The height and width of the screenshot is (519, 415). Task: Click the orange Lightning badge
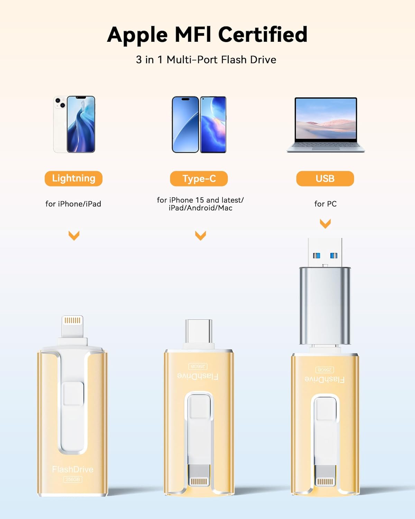coord(73,179)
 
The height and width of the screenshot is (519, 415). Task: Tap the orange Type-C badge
coord(199,179)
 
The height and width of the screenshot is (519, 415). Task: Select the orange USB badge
coord(325,179)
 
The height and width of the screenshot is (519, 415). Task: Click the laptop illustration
coord(325,125)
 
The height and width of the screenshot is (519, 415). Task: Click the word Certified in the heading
coord(262,35)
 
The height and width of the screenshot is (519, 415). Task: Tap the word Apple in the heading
coord(137,35)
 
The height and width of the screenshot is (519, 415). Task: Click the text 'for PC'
coord(325,204)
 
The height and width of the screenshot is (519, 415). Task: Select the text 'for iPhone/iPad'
coord(73,204)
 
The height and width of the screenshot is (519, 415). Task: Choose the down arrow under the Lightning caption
coord(74,235)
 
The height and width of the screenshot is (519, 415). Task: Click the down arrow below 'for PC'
coord(325,223)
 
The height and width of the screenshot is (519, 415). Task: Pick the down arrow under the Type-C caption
coord(201,235)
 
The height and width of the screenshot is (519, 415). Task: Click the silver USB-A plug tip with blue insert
coord(325,253)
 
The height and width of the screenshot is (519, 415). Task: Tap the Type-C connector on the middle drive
coord(199,331)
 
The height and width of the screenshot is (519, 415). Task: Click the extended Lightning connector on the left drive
coord(72,326)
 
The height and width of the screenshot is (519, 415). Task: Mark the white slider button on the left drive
coord(73,393)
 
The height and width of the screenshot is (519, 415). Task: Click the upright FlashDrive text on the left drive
coord(73,469)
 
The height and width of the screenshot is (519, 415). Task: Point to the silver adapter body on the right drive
coord(325,306)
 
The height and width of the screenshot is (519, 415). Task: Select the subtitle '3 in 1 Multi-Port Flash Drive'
coord(206,60)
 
